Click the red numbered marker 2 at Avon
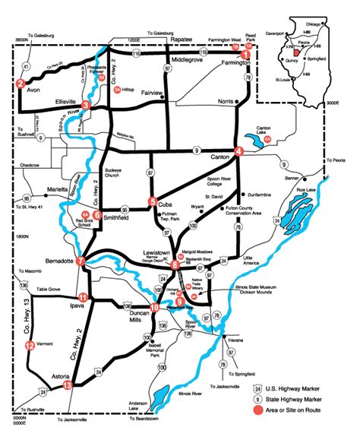(20, 84)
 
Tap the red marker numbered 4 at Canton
(238, 151)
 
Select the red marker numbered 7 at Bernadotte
(81, 261)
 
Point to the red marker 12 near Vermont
(30, 345)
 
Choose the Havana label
(235, 340)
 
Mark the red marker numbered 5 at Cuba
(152, 201)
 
